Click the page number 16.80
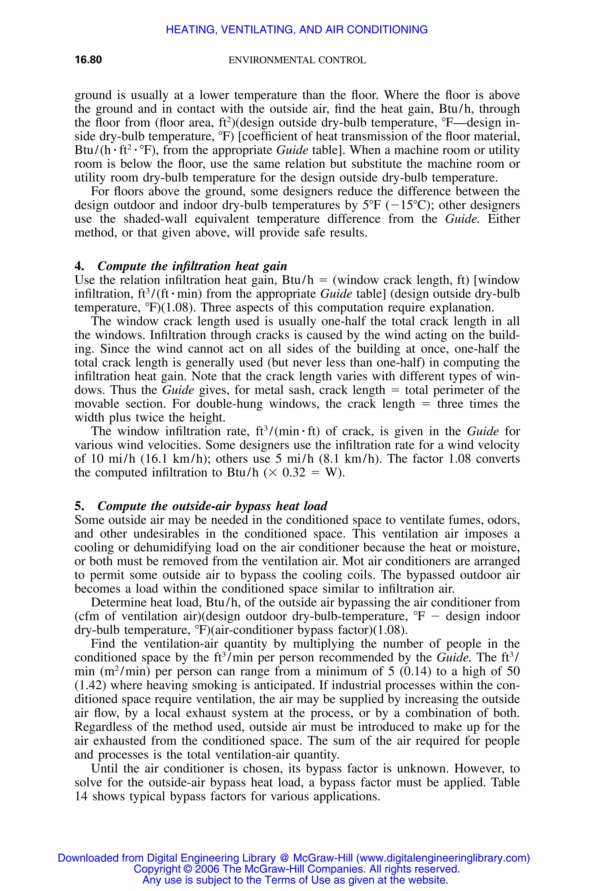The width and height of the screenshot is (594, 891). (88, 60)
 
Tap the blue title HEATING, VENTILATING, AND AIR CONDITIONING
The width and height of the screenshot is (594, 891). (297, 30)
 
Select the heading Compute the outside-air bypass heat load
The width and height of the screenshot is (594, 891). (212, 506)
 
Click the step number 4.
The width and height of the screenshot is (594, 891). (79, 266)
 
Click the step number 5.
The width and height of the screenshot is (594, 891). (79, 506)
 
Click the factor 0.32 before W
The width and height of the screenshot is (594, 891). (294, 473)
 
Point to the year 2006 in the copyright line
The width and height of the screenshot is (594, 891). (208, 869)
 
